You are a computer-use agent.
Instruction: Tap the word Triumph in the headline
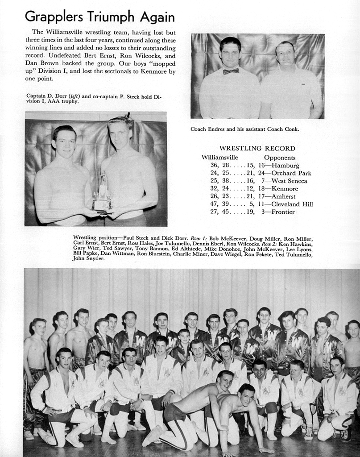(x=109, y=17)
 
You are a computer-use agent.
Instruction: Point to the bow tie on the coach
(x=231, y=71)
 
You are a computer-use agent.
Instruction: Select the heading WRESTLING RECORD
(x=257, y=149)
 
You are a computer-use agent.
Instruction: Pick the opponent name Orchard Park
(x=291, y=173)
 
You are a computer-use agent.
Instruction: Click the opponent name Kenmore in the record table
(x=285, y=189)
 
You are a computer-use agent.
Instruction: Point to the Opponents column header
(x=280, y=157)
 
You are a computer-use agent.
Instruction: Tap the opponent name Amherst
(x=284, y=196)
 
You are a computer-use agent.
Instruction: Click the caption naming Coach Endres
(x=244, y=129)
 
